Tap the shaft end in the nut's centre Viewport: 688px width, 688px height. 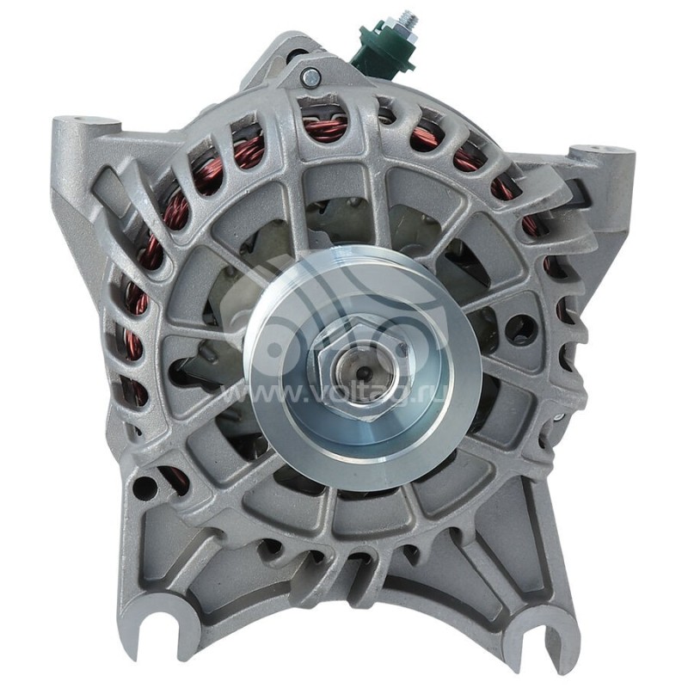pyautogui.click(x=362, y=372)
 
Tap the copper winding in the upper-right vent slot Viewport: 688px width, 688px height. pyautogui.click(x=469, y=159)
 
